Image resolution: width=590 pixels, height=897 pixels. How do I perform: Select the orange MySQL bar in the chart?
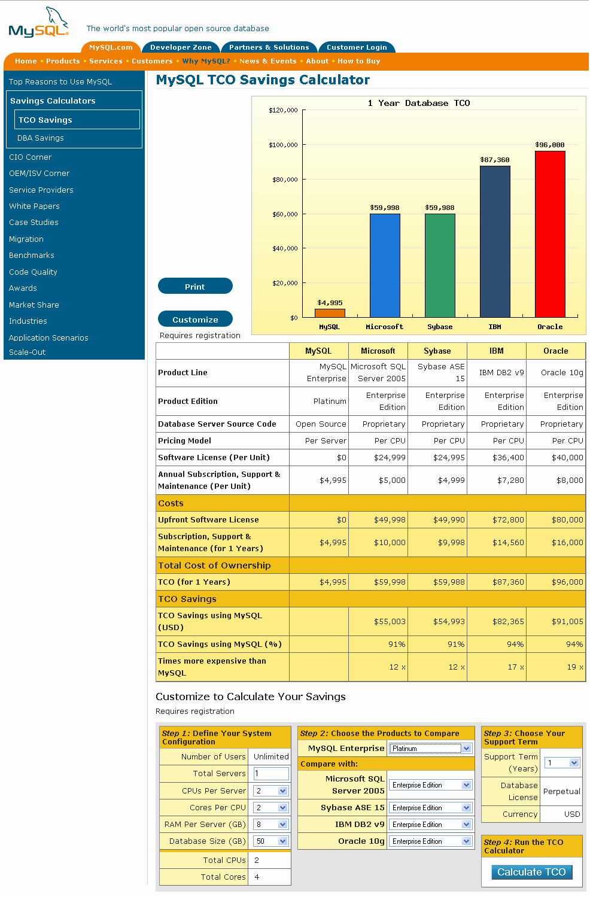click(330, 312)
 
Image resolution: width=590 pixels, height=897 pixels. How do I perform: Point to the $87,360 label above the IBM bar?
click(495, 160)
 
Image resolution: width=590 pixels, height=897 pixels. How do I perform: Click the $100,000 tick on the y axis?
click(283, 145)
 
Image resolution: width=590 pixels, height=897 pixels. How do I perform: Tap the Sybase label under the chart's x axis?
click(440, 327)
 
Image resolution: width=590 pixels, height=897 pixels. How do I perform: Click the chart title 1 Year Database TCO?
click(419, 103)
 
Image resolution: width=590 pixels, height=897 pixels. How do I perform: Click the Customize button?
click(195, 320)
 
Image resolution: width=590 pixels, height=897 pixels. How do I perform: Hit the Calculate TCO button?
click(531, 872)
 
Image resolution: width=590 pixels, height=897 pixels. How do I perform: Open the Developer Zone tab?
click(181, 47)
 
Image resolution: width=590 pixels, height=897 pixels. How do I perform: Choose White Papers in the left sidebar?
click(34, 206)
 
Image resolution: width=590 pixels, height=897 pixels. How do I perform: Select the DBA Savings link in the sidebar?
click(41, 138)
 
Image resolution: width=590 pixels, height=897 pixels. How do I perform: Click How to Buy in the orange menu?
click(358, 61)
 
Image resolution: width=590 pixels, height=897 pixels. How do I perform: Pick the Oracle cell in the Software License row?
click(556, 457)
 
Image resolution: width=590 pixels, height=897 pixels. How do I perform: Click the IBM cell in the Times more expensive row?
click(497, 667)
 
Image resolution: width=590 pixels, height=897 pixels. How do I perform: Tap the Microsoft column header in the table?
click(378, 351)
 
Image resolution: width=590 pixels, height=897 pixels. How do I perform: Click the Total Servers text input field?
click(270, 773)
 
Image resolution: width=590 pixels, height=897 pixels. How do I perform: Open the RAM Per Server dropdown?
click(270, 824)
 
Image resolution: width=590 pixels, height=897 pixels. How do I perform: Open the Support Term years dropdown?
click(562, 762)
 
